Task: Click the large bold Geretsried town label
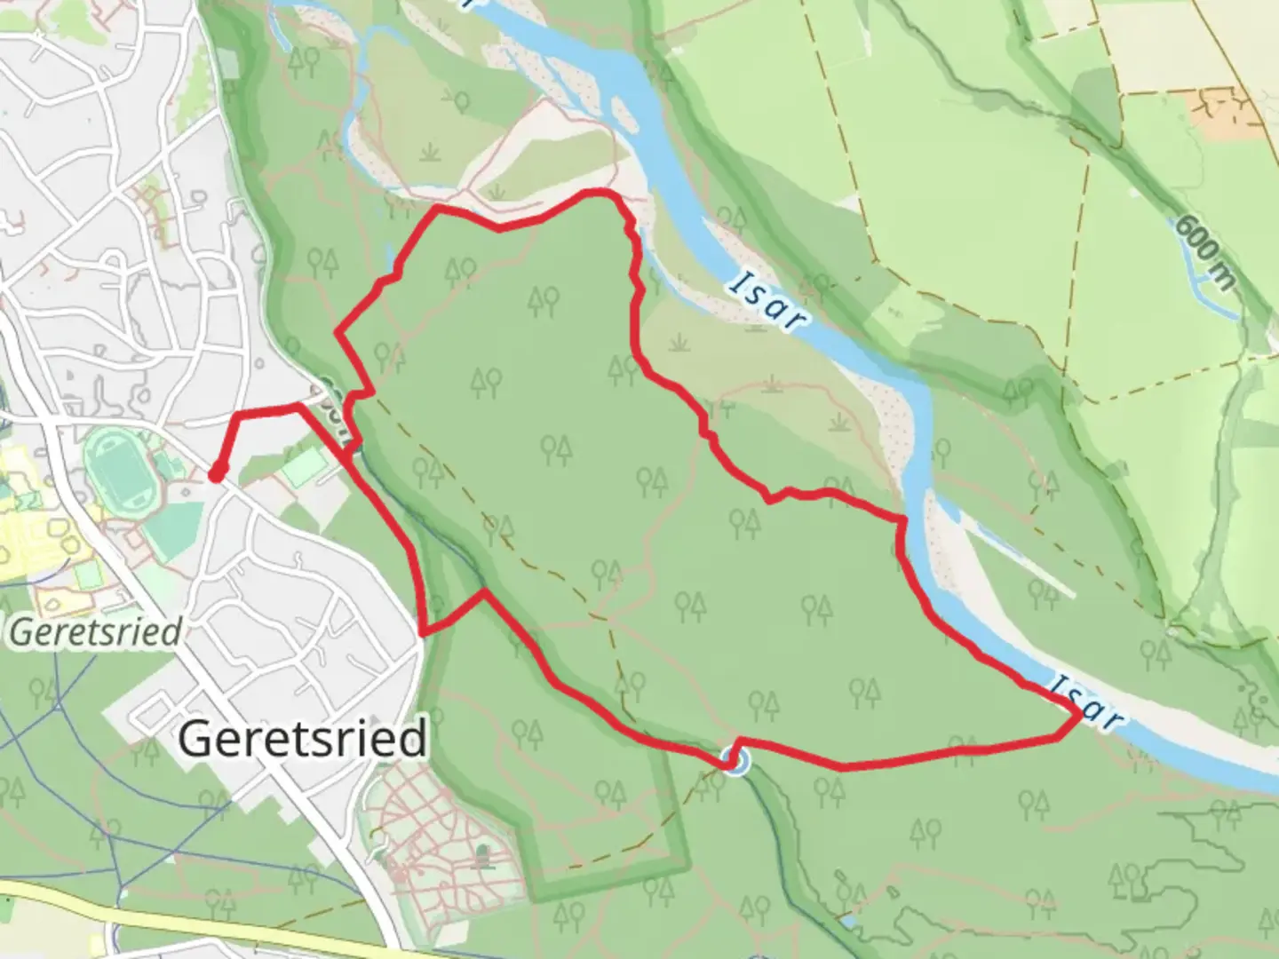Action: pos(302,739)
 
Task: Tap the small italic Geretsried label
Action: pos(96,632)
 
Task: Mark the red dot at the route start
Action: pos(215,476)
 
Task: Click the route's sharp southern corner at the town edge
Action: pos(423,634)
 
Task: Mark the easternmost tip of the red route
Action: pos(1080,713)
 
